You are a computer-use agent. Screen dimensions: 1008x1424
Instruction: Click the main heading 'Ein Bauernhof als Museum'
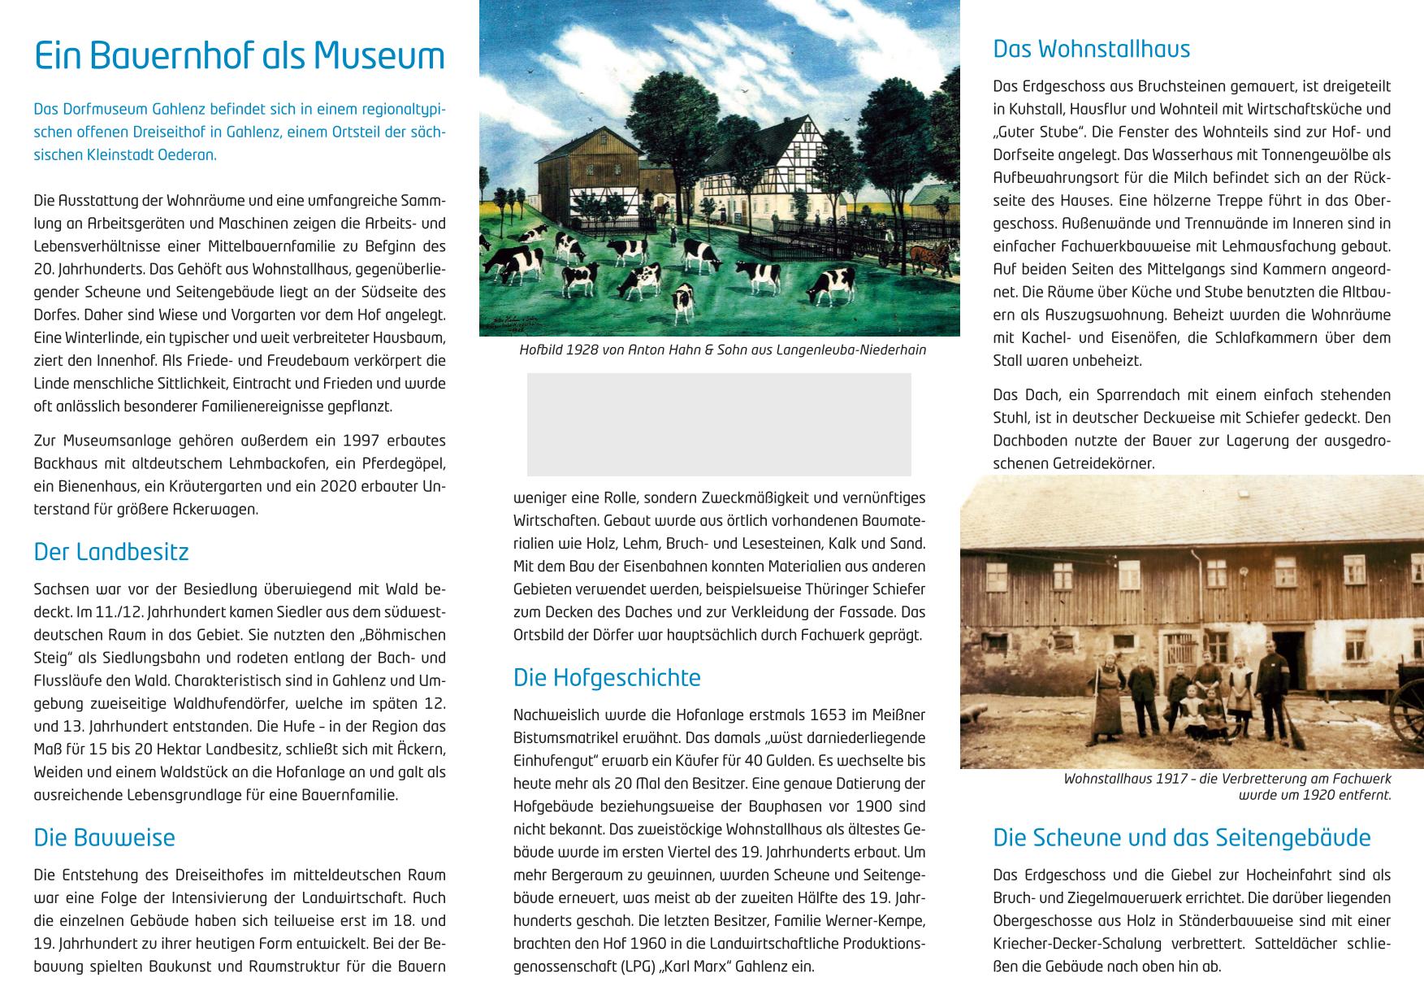[240, 56]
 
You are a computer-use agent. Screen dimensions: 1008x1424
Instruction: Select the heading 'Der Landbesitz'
[111, 552]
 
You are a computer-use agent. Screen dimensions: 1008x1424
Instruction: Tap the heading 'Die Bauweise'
[104, 837]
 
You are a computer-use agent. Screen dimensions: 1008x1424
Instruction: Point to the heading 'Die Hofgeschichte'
[606, 677]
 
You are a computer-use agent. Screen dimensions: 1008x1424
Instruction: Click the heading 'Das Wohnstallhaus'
[1091, 49]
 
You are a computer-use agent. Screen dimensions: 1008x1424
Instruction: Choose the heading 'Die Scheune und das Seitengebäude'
[1181, 837]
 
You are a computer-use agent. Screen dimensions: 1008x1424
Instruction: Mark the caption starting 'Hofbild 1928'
[722, 350]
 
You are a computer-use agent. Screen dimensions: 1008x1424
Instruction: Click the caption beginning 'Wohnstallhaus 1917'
[1227, 787]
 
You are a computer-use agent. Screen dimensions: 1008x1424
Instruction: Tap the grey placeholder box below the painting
[719, 424]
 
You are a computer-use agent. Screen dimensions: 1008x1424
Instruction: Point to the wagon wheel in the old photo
[1405, 715]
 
